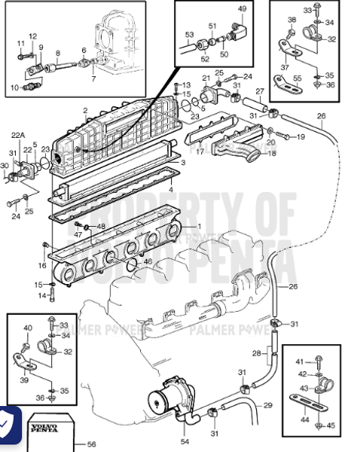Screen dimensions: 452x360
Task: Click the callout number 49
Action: tap(242, 8)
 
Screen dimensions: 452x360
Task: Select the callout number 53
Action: tap(189, 35)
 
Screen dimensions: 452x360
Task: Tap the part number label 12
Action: tap(32, 36)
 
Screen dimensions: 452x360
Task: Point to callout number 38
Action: tap(292, 19)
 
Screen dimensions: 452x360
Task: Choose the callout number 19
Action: tap(300, 137)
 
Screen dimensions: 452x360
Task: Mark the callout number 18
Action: tap(272, 153)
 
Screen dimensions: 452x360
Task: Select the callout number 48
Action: tap(102, 226)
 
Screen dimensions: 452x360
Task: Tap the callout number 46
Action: tap(148, 261)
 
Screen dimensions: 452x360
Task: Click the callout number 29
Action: tap(267, 406)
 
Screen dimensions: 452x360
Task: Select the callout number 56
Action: tap(92, 444)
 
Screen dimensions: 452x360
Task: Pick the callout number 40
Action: tap(28, 328)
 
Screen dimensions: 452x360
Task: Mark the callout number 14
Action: tap(41, 295)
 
